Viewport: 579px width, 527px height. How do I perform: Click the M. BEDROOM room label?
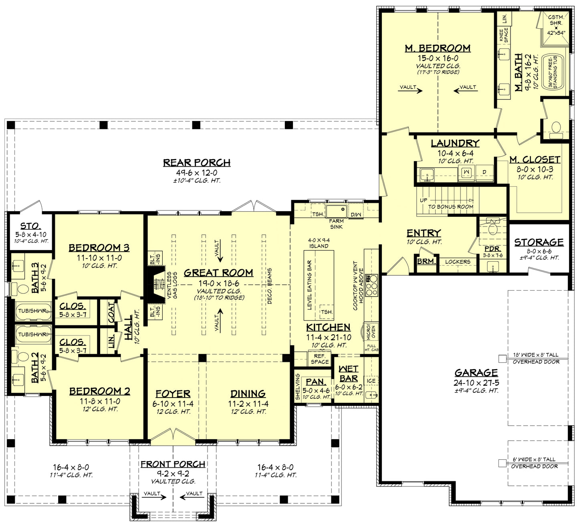coord(438,48)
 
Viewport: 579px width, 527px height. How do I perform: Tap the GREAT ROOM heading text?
coord(218,273)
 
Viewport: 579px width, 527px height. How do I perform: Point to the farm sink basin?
coord(336,211)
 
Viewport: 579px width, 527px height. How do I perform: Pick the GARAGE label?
coord(476,373)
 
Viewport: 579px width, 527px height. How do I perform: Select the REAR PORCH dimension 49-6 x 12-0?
coord(197,173)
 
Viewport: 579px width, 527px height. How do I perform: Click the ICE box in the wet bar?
coord(371,381)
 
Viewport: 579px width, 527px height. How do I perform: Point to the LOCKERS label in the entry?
coord(458,262)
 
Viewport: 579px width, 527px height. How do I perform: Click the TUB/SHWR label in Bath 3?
coord(32,311)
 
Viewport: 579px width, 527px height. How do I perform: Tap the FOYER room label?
coord(173,394)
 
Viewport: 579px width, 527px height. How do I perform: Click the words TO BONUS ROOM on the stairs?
coord(450,207)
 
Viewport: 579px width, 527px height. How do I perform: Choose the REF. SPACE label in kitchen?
coord(319,359)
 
